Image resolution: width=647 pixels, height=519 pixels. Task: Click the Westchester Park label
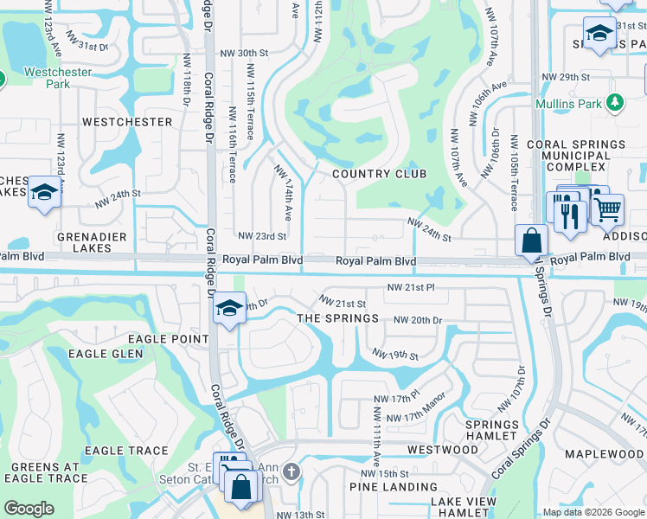pos(58,79)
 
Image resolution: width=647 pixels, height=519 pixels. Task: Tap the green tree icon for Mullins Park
pos(615,103)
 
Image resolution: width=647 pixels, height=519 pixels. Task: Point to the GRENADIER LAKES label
pos(92,242)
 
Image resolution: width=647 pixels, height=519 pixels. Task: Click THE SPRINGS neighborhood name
pos(337,318)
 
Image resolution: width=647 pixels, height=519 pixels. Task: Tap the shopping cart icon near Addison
pos(608,208)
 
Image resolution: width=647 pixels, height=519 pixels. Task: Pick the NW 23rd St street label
pos(261,236)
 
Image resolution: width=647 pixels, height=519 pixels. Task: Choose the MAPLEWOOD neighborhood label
pos(604,454)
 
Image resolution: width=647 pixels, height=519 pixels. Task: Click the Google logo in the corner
pos(29,509)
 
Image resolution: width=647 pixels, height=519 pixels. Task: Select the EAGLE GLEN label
pos(106,354)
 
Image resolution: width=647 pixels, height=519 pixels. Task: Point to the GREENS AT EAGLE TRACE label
pos(45,472)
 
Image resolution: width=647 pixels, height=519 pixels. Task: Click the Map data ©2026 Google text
pos(593,512)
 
